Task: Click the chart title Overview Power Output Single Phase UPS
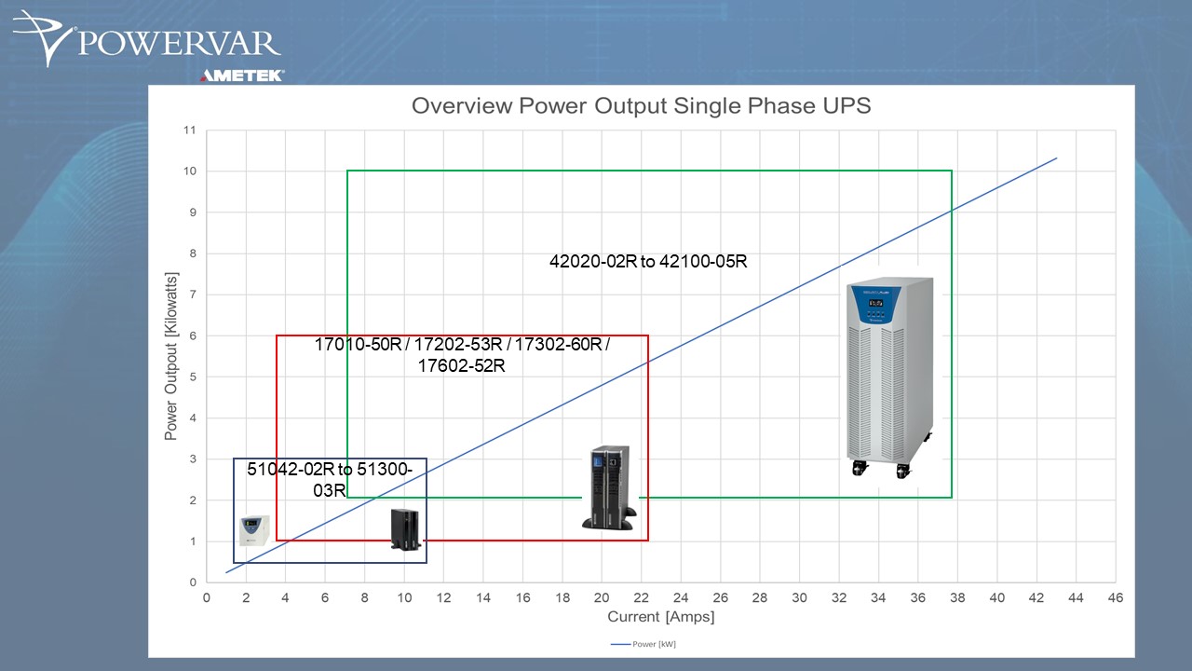[x=642, y=105]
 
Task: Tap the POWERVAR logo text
[x=180, y=44]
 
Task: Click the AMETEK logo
[x=242, y=75]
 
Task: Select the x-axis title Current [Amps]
[x=661, y=617]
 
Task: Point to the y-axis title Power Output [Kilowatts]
[x=170, y=356]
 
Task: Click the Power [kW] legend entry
[x=643, y=644]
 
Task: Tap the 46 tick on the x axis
[x=1116, y=597]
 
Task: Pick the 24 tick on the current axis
[x=681, y=597]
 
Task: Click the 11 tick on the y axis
[x=190, y=130]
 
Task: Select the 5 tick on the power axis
[x=193, y=377]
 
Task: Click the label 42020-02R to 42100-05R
[x=648, y=262]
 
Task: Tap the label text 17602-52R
[x=461, y=366]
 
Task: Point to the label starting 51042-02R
[x=330, y=479]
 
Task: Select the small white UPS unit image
[x=254, y=530]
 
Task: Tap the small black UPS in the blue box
[x=405, y=528]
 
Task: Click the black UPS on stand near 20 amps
[x=610, y=487]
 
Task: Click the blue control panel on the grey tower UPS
[x=876, y=305]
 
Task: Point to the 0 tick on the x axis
[x=207, y=597]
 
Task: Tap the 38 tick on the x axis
[x=957, y=597]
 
